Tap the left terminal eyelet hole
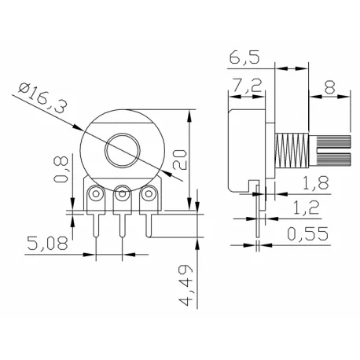tap(96, 193)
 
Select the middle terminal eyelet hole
tap(122, 193)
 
